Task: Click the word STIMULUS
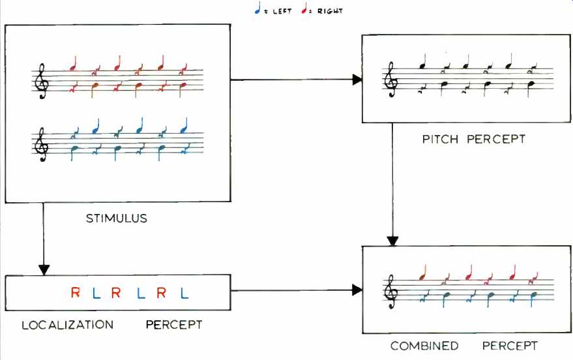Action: (x=117, y=218)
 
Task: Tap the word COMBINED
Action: (x=424, y=346)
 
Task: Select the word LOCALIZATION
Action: (x=68, y=325)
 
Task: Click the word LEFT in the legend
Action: (x=282, y=11)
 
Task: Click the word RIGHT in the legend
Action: (x=330, y=11)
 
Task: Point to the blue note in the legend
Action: (x=258, y=8)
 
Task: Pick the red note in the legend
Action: (x=304, y=8)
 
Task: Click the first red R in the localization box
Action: (x=75, y=292)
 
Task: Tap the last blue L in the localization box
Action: (x=184, y=293)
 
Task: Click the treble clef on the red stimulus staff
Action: (x=41, y=81)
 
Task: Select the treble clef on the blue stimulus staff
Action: (x=41, y=144)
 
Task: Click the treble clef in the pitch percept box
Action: (x=391, y=80)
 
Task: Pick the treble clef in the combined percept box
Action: (x=391, y=292)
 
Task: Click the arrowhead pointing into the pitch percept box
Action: (x=357, y=80)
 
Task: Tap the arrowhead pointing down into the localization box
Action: (x=44, y=270)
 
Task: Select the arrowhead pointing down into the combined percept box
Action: (x=392, y=241)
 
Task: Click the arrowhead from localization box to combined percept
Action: (x=357, y=290)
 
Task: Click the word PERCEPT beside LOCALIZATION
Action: (x=173, y=325)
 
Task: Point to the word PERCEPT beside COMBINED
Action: (x=510, y=346)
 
